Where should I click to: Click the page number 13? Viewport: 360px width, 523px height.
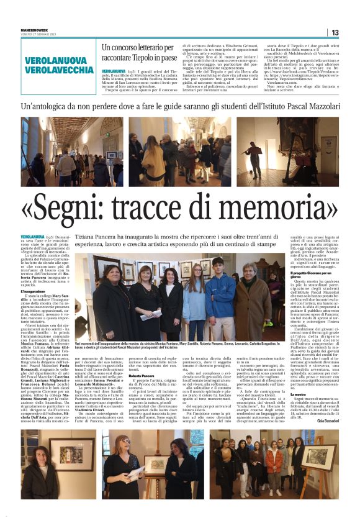(335, 32)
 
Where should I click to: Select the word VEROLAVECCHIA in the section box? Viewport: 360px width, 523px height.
(60, 71)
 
